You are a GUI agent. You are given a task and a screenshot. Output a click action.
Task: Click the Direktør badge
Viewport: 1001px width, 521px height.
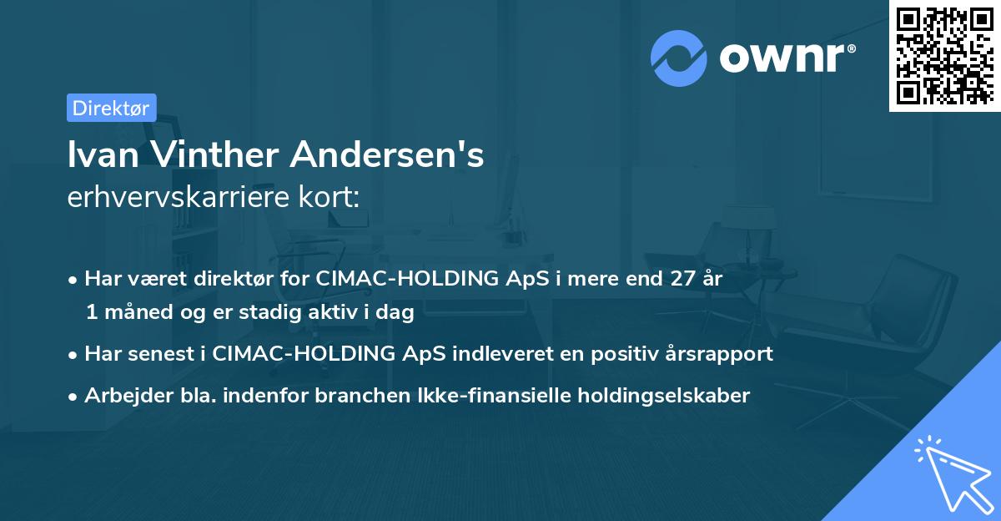[111, 108]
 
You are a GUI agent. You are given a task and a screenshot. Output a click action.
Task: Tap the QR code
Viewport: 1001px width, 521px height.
[943, 55]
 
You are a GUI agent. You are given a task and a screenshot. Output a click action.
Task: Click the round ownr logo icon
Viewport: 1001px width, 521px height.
[679, 58]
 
